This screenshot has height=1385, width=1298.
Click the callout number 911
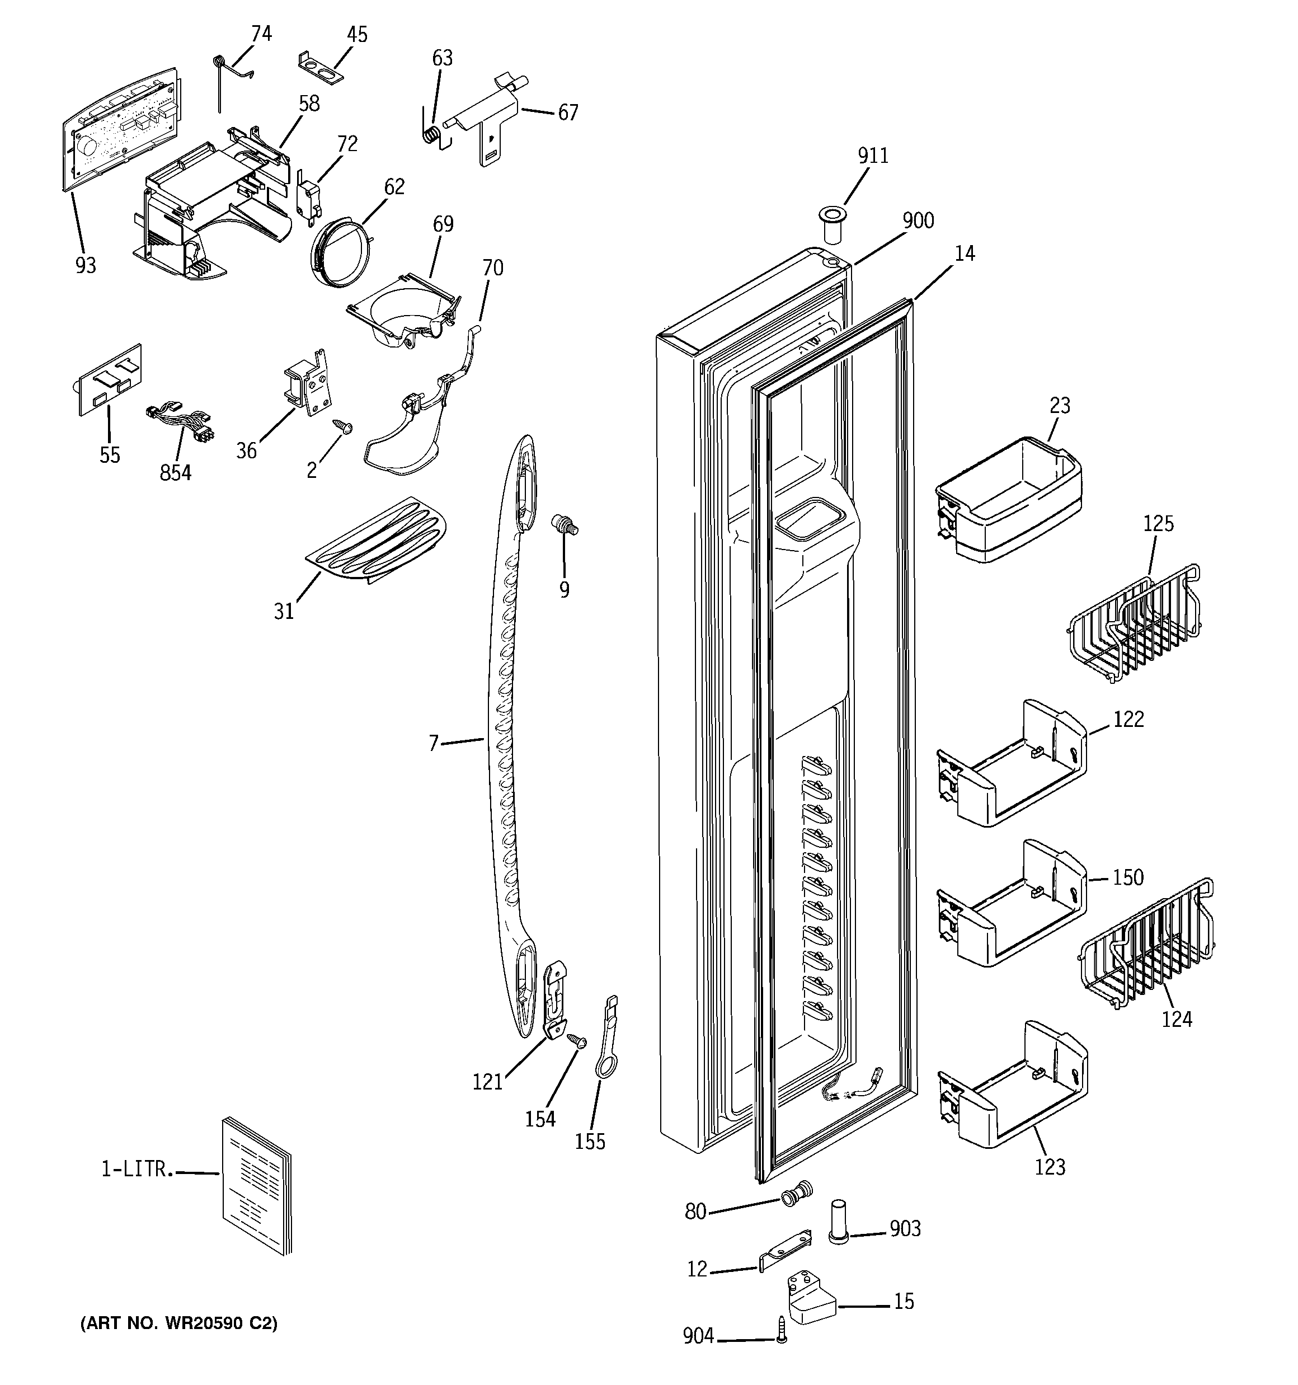872,156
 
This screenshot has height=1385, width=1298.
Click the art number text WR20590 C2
179,1323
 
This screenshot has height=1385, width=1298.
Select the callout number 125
1158,523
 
